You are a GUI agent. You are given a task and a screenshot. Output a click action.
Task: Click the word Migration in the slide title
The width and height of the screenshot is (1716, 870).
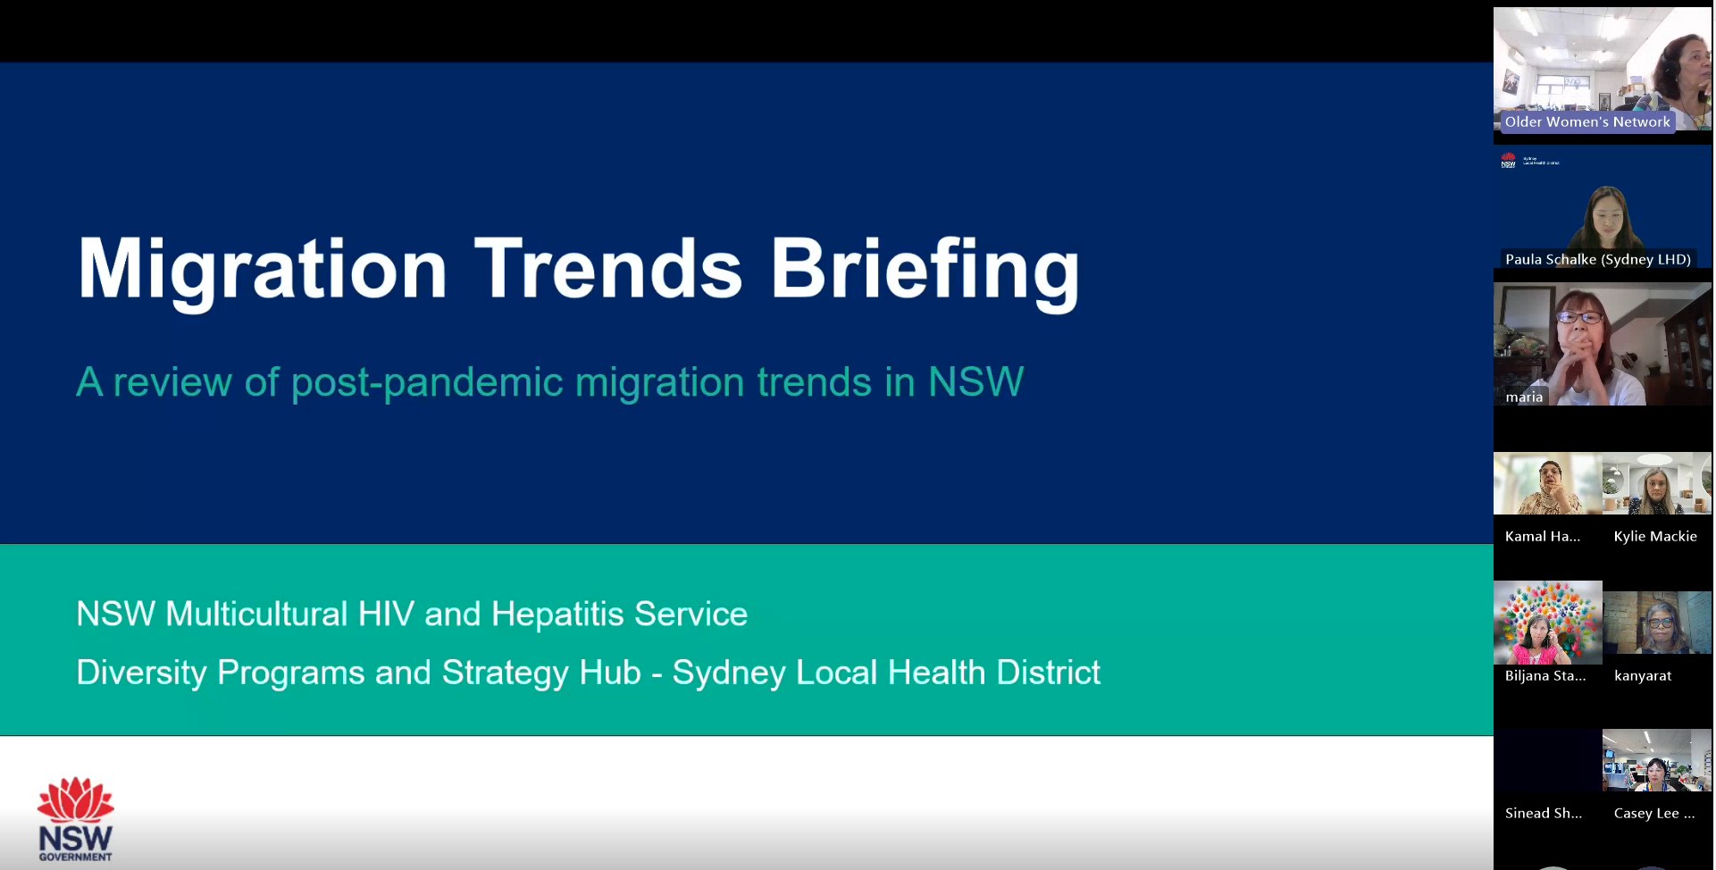262,269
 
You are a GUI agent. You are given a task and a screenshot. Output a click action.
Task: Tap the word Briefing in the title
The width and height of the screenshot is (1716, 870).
925,269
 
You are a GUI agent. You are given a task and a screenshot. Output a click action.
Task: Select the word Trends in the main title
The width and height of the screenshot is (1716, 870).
607,269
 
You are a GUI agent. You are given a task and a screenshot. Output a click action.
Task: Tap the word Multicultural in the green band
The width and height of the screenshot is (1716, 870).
256,615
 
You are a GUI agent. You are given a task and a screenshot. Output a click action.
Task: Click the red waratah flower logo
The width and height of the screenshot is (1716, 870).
76,800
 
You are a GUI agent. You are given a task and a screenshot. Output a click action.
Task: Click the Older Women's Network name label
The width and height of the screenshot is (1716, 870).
1587,122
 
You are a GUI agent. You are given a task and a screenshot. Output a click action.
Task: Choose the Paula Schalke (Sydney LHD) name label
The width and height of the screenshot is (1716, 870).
1597,260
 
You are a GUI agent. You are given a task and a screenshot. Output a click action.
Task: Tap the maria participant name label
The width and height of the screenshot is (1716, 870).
1524,397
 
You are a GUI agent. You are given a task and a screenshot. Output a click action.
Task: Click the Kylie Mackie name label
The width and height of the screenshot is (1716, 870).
1655,537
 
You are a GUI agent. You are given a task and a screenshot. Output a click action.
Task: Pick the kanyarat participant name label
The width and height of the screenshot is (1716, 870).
1642,676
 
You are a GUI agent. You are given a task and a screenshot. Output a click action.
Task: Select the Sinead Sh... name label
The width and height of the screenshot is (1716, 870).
1543,814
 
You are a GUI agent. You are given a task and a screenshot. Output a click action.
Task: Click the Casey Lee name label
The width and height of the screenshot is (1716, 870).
1653,814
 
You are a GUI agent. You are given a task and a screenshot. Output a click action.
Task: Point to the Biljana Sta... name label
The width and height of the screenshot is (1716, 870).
1544,676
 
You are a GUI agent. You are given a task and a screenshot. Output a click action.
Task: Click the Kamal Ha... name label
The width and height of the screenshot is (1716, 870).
1542,537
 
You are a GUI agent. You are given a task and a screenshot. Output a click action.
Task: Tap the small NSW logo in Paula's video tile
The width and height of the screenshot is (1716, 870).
1509,161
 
